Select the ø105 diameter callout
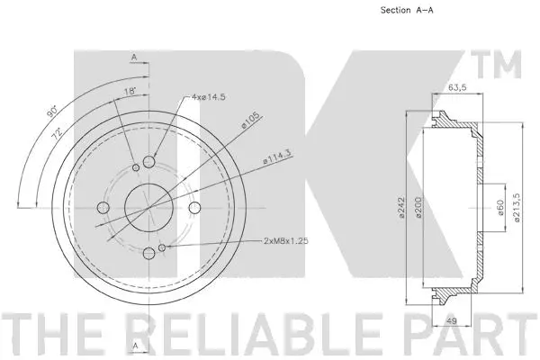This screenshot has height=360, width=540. [250, 119]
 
